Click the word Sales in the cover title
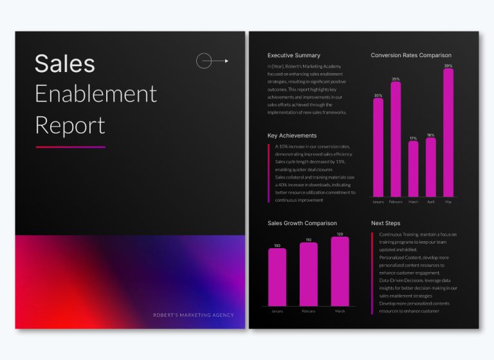tap(64, 64)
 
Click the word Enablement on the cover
tap(95, 94)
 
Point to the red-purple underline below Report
tap(70, 147)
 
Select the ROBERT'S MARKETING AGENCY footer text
tap(193, 315)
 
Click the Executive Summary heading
tap(293, 55)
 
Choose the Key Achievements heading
tap(292, 136)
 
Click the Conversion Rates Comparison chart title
tap(411, 55)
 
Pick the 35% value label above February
tap(396, 79)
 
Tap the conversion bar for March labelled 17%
tap(413, 168)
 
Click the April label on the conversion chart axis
tap(431, 202)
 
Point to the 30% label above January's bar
tap(378, 96)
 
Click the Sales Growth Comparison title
tap(302, 223)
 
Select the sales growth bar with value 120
tap(340, 271)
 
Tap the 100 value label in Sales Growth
tap(277, 246)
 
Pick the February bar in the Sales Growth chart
tap(309, 274)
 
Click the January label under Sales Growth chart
tap(277, 311)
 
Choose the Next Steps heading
tap(386, 223)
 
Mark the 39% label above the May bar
tap(448, 66)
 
